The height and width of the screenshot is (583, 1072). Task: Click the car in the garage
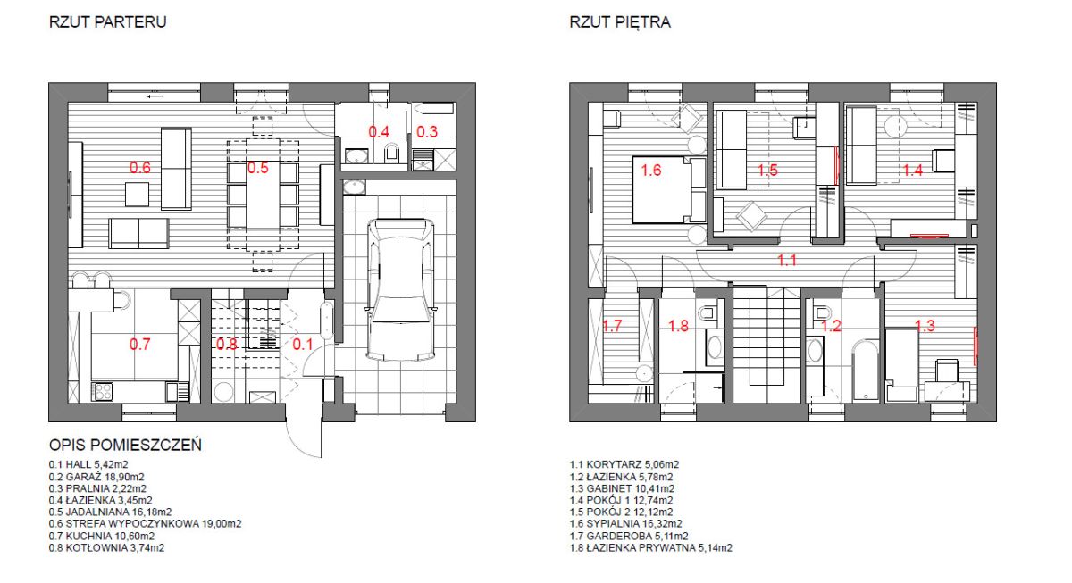pyautogui.click(x=401, y=290)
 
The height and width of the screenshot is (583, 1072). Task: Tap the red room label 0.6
pyautogui.click(x=139, y=167)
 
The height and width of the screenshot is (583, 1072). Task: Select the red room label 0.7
pyautogui.click(x=139, y=344)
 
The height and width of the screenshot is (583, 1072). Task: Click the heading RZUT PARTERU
pyautogui.click(x=108, y=22)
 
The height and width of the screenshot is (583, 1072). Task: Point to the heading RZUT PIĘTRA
pyautogui.click(x=620, y=22)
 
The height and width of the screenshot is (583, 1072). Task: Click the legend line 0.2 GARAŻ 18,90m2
pyautogui.click(x=96, y=477)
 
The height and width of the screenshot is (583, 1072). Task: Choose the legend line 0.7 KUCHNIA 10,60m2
pyautogui.click(x=102, y=537)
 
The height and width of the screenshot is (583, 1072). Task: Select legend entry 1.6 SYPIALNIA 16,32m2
pyautogui.click(x=625, y=524)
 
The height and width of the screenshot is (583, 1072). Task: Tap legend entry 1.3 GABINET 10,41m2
pyautogui.click(x=622, y=488)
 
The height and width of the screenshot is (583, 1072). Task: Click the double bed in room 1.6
pyautogui.click(x=668, y=189)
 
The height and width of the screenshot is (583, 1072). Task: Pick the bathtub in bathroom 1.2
pyautogui.click(x=866, y=371)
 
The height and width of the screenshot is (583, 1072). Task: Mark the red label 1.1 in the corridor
pyautogui.click(x=787, y=260)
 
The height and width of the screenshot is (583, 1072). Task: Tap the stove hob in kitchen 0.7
pyautogui.click(x=103, y=392)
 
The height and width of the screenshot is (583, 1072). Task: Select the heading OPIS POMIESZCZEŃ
pyautogui.click(x=125, y=446)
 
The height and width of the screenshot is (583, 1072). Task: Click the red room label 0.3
pyautogui.click(x=427, y=131)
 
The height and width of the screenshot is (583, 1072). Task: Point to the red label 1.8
pyautogui.click(x=678, y=326)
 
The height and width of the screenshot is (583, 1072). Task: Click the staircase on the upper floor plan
pyautogui.click(x=767, y=346)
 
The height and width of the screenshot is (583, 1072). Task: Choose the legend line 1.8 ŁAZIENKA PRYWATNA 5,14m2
pyautogui.click(x=651, y=548)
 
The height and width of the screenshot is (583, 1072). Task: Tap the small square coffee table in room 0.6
pyautogui.click(x=137, y=194)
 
